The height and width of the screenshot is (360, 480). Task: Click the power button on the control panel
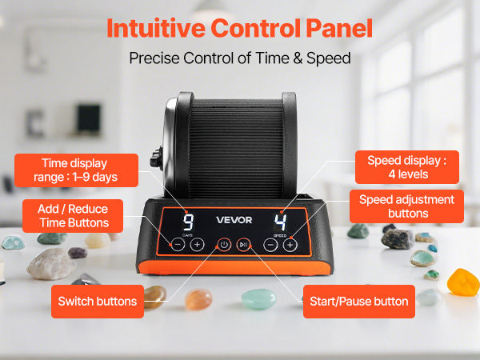pos(224,245)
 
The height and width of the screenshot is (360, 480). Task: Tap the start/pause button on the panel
pos(244,245)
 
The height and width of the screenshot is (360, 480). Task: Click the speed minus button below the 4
pos(270,245)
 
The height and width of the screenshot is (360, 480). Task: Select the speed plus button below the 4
pos(290,245)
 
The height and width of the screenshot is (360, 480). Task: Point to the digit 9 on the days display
pos(188,222)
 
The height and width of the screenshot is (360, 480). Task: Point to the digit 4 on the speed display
pos(280,222)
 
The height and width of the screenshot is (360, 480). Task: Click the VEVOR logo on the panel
pos(234,220)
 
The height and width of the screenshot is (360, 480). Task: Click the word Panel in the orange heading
pos(339,28)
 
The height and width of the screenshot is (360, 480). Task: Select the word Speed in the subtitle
pos(329,58)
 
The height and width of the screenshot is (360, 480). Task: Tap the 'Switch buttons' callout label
pos(98,302)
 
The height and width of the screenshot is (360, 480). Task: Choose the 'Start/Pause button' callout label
pos(359,302)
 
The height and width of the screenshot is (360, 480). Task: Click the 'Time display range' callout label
pos(76,170)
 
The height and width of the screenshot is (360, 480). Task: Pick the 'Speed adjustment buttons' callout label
pos(406,206)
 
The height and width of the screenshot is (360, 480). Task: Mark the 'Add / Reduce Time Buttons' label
pos(73,216)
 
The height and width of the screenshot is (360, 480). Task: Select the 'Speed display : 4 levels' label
pos(407,167)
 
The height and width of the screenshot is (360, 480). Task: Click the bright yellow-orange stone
pos(463,282)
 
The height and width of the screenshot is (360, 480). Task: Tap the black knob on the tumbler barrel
pos(157,158)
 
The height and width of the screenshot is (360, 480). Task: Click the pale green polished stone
pos(258,298)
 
